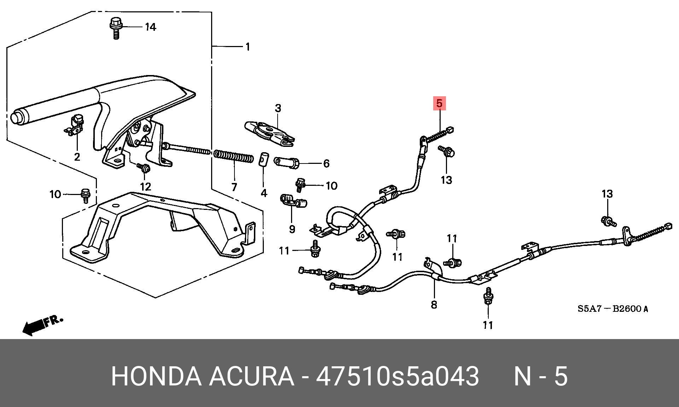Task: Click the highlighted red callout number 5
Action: point(439,104)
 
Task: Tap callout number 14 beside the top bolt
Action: point(151,27)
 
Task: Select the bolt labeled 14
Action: point(115,28)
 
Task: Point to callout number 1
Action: point(248,47)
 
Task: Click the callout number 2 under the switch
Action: point(77,156)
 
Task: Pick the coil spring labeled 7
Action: point(233,156)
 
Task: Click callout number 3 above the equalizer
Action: point(278,108)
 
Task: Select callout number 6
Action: point(326,163)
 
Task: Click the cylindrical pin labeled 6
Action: point(287,162)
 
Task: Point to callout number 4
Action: point(264,193)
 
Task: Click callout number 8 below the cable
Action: point(434,304)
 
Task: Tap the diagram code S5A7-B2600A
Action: point(613,309)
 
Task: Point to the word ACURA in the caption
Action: point(251,376)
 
